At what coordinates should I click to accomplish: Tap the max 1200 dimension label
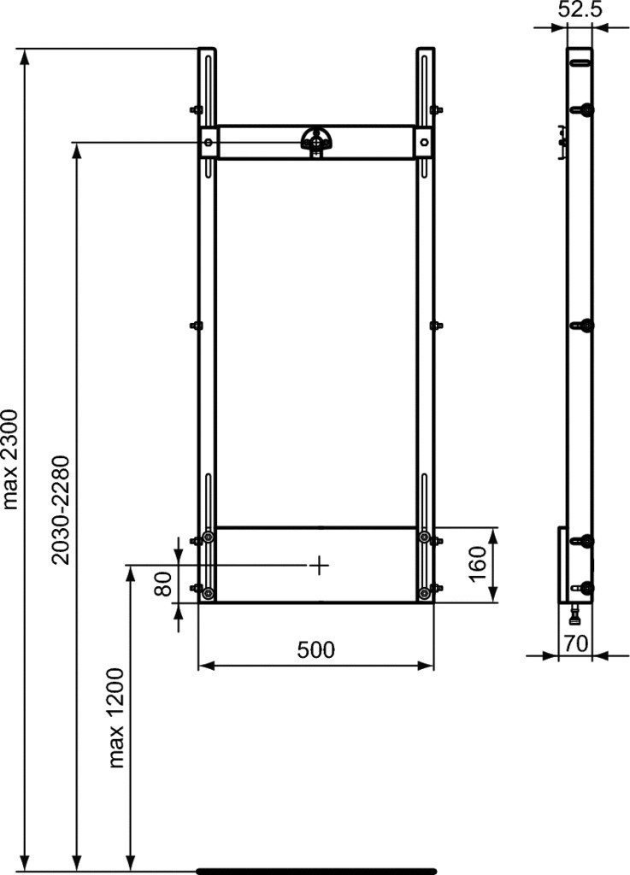(x=117, y=718)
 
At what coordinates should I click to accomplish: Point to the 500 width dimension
(x=316, y=650)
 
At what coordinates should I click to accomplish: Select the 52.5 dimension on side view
(x=580, y=9)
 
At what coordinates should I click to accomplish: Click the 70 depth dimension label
(x=575, y=643)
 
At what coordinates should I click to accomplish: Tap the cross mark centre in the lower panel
(x=318, y=565)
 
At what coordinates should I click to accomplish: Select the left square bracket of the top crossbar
(x=209, y=142)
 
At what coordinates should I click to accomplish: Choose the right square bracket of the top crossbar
(x=424, y=142)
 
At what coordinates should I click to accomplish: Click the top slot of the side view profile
(x=580, y=61)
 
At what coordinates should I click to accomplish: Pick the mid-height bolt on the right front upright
(x=436, y=325)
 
